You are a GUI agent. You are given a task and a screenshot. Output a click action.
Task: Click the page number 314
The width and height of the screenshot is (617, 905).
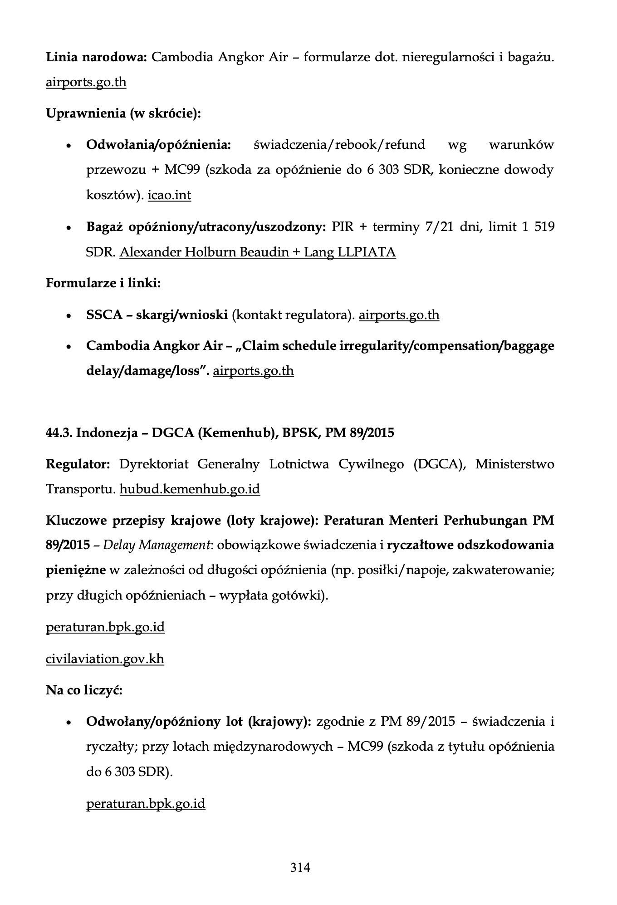click(x=300, y=867)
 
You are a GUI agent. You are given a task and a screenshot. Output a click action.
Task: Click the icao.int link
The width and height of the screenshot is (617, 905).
click(x=169, y=195)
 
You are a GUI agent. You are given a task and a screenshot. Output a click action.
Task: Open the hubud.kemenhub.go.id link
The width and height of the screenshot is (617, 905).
click(x=190, y=489)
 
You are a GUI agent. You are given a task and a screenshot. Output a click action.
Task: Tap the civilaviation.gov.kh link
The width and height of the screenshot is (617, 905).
click(x=105, y=659)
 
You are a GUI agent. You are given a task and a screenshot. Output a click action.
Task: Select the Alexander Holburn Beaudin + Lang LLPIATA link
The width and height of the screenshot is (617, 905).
click(x=257, y=252)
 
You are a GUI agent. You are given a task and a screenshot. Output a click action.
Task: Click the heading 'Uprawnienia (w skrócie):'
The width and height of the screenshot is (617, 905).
click(x=123, y=113)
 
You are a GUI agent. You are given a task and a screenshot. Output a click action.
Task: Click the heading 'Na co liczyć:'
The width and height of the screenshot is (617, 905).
click(x=84, y=690)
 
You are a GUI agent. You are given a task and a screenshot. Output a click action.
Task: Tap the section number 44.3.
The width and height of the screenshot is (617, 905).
click(x=59, y=433)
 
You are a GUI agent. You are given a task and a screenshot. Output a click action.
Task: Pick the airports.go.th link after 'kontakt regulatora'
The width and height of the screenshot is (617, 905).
click(x=399, y=315)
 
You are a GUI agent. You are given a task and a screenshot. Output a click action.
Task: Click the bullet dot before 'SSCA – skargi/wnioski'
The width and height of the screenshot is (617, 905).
click(x=69, y=316)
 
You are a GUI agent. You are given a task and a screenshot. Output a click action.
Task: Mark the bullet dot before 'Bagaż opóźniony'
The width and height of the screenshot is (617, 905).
click(x=69, y=228)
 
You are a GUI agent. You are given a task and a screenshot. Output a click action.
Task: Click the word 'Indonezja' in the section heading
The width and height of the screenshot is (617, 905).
click(x=107, y=433)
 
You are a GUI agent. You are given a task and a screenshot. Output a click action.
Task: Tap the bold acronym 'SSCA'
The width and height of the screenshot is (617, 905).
click(x=104, y=315)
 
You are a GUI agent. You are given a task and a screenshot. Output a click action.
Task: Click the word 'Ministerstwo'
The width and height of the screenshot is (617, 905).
click(x=514, y=464)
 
